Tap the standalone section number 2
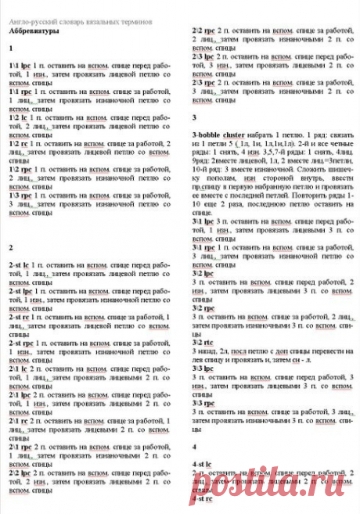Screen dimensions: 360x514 click(11, 247)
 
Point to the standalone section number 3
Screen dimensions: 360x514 click(194, 117)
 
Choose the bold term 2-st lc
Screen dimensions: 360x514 click(20, 266)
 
